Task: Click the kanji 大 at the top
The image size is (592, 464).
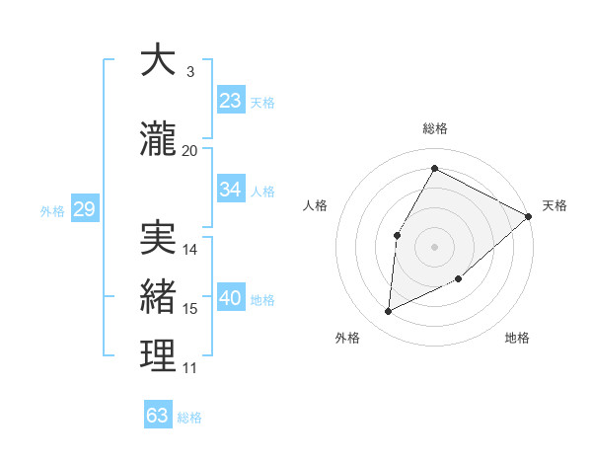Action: click(x=158, y=60)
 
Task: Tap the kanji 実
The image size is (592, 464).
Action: click(x=158, y=238)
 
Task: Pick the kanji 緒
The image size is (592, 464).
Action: click(x=158, y=296)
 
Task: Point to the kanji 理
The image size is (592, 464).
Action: click(x=158, y=355)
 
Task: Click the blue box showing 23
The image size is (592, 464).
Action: click(x=231, y=100)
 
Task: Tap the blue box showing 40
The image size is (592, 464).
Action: click(x=231, y=297)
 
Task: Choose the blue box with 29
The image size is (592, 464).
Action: click(x=84, y=208)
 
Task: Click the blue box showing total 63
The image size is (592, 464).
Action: click(x=158, y=415)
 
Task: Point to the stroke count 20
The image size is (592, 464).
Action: click(x=189, y=150)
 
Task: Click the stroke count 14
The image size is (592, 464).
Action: click(x=190, y=250)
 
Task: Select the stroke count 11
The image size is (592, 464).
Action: click(x=189, y=368)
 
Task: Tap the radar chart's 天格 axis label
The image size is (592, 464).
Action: click(x=555, y=205)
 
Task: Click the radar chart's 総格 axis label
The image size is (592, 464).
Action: click(x=434, y=128)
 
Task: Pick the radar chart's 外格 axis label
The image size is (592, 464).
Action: click(x=347, y=338)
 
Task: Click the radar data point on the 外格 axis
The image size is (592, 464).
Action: click(x=389, y=312)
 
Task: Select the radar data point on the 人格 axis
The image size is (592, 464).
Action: click(x=397, y=235)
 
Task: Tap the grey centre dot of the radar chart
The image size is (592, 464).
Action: click(x=434, y=246)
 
